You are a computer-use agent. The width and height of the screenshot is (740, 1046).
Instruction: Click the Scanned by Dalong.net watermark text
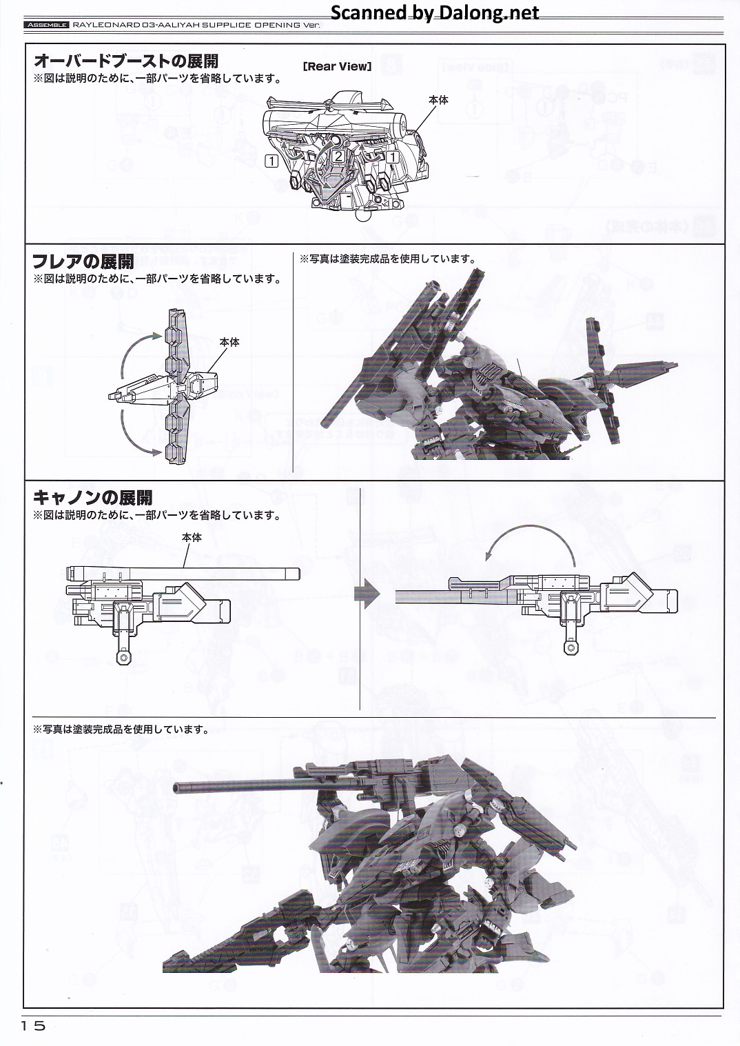click(435, 12)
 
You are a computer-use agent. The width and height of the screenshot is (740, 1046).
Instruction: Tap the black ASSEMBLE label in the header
click(45, 26)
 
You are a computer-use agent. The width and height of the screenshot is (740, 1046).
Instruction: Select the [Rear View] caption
click(337, 66)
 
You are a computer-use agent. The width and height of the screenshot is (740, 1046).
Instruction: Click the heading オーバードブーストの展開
click(125, 60)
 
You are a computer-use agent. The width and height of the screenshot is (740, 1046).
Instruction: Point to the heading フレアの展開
click(83, 262)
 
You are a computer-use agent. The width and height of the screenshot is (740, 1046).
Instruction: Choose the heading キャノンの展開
click(92, 498)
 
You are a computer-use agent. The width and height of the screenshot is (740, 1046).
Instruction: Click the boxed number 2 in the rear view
click(338, 156)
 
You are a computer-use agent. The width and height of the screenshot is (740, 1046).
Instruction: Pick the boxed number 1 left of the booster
click(271, 161)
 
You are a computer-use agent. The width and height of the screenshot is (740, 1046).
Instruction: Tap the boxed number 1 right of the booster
click(393, 157)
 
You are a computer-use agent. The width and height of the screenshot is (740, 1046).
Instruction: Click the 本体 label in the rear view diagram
click(438, 100)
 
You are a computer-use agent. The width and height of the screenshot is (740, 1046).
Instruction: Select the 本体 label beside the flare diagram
click(229, 342)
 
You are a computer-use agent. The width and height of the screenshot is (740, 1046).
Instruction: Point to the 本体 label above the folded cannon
click(192, 537)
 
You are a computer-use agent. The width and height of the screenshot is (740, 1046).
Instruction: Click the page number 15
click(33, 1026)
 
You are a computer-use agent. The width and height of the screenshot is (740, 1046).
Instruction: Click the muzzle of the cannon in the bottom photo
click(178, 787)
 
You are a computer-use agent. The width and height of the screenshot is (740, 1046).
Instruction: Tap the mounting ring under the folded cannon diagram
click(123, 658)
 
